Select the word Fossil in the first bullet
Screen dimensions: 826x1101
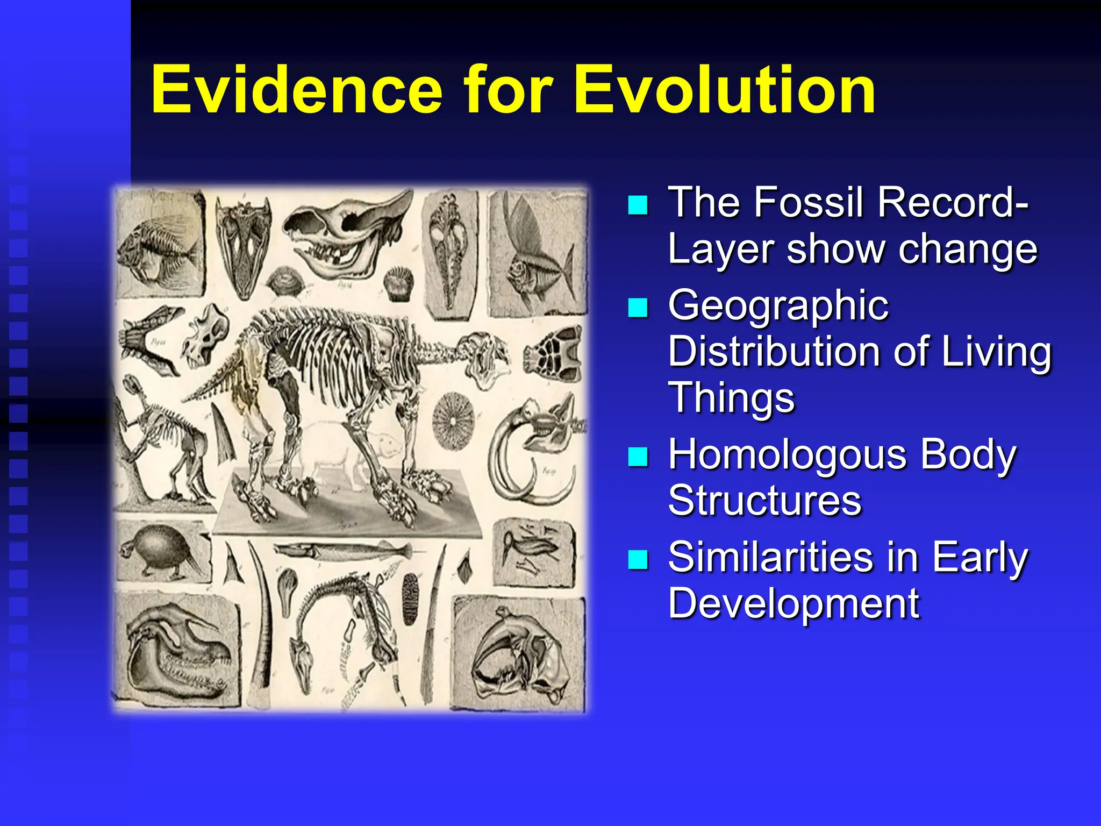(814, 202)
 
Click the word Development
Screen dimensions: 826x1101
(793, 603)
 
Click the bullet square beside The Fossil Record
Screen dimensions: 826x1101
(638, 205)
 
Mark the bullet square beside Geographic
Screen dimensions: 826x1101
(638, 308)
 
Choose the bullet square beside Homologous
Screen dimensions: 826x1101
(638, 457)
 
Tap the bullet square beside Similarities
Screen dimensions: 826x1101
(638, 559)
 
